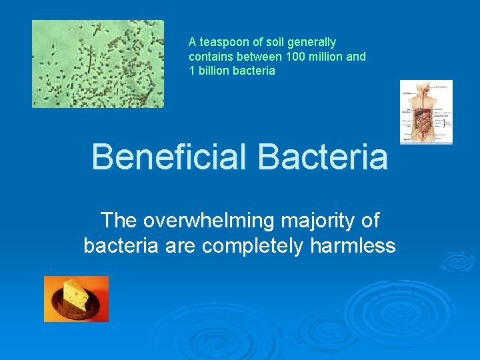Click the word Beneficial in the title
[169, 157]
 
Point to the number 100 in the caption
[295, 57]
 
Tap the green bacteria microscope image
[97, 63]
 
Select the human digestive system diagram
[425, 112]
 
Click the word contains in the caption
[210, 57]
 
